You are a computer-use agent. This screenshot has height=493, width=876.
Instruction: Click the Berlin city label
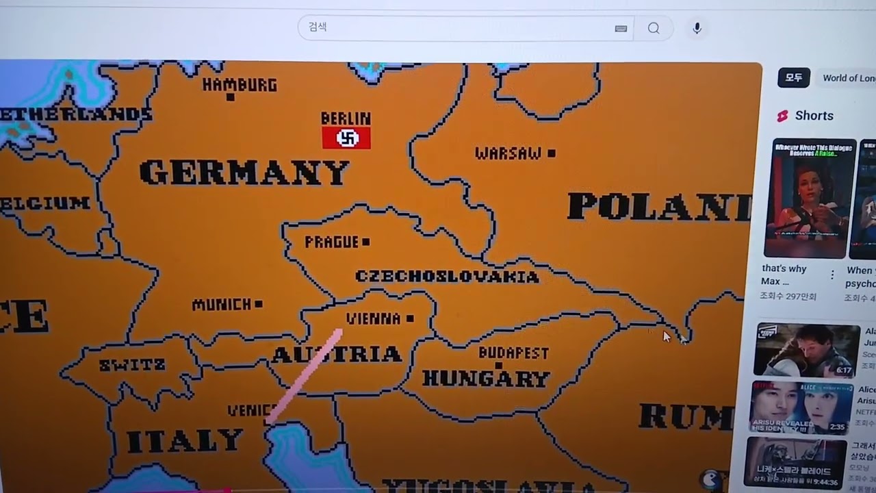click(x=346, y=118)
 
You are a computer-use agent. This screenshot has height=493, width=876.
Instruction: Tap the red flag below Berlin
click(x=346, y=138)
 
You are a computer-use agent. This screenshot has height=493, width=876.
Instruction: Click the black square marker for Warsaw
click(x=552, y=153)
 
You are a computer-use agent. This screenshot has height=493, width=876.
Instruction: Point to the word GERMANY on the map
click(x=244, y=173)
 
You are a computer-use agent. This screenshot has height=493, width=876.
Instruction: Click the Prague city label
click(x=332, y=242)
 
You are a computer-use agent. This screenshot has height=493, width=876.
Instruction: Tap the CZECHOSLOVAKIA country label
click(x=447, y=277)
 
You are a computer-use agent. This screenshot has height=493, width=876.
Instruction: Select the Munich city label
click(x=222, y=305)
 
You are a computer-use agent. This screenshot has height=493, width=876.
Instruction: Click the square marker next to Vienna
click(x=410, y=318)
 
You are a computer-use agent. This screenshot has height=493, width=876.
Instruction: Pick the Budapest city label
click(x=513, y=353)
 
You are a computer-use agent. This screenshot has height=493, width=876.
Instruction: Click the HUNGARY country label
click(x=486, y=378)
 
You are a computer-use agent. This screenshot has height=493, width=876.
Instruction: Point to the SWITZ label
click(x=132, y=365)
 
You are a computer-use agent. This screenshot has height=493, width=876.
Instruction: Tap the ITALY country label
click(x=185, y=441)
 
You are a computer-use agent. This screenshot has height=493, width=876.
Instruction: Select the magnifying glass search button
click(x=654, y=28)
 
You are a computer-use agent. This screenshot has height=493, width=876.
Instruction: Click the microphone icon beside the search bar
click(x=697, y=28)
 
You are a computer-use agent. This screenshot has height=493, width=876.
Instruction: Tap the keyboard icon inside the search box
click(x=621, y=29)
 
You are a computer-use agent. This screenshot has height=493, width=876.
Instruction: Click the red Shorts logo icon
click(x=782, y=116)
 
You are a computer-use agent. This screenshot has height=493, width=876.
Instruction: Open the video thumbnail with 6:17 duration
click(x=807, y=350)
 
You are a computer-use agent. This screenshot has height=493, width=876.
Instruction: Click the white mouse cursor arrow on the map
click(x=667, y=336)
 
